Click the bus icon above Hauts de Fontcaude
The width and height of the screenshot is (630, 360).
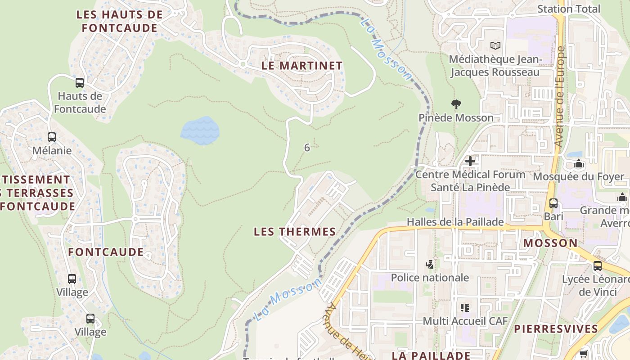(x=80, y=83)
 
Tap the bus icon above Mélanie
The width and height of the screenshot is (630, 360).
(x=52, y=137)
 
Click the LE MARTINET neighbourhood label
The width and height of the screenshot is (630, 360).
(x=302, y=66)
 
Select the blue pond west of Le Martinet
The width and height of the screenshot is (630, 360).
(x=200, y=130)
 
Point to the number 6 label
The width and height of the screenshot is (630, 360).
(x=307, y=148)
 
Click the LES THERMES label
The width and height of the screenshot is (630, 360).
(x=295, y=232)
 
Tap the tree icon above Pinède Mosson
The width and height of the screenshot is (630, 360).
(x=456, y=105)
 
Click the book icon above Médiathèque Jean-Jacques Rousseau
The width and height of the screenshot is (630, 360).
(x=495, y=45)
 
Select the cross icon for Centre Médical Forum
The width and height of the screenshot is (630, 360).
(x=470, y=161)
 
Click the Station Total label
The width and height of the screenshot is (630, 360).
(x=569, y=9)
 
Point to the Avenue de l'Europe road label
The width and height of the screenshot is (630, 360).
(x=560, y=97)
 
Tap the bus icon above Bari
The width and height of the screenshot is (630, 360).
(x=553, y=203)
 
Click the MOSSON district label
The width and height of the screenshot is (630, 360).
(x=550, y=243)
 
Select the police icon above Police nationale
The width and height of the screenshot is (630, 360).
(x=430, y=265)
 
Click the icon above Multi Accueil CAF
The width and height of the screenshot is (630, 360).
(x=465, y=308)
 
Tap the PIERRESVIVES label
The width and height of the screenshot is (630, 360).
(x=556, y=328)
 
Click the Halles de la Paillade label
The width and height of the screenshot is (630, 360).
(x=455, y=222)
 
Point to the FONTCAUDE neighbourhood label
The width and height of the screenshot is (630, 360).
(x=106, y=252)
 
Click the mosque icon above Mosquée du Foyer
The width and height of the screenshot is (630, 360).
(x=579, y=164)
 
